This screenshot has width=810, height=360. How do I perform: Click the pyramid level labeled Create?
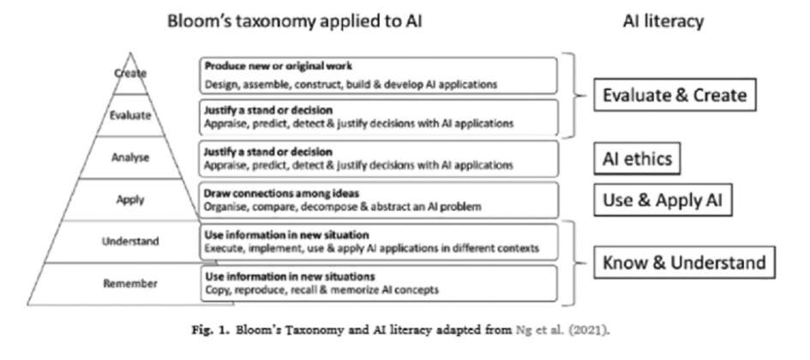[130, 74]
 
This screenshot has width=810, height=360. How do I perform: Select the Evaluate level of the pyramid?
[130, 116]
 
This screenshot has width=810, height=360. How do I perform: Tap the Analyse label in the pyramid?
[130, 157]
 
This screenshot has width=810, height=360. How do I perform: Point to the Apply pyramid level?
[130, 200]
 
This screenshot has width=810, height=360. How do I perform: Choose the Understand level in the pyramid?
[130, 242]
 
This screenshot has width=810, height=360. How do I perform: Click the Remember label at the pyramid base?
[130, 283]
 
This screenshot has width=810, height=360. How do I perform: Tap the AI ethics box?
[634, 157]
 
